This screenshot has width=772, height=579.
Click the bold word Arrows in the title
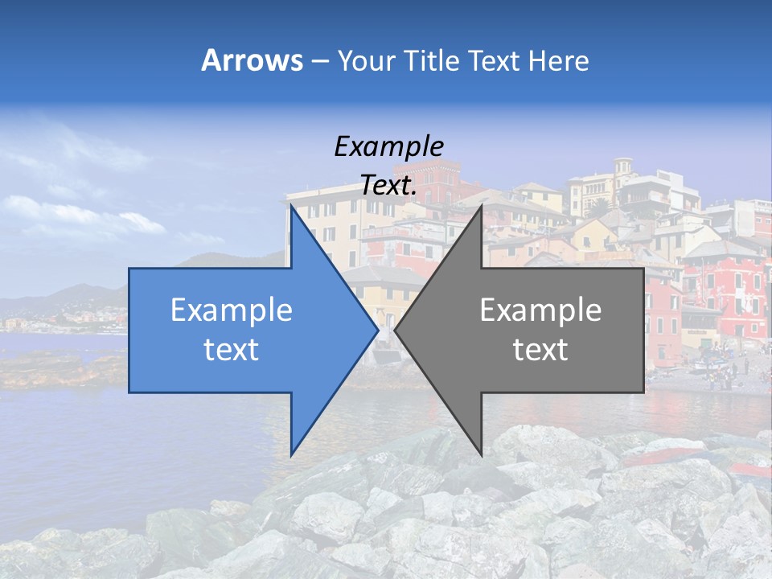(253, 60)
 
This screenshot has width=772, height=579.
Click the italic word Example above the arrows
(388, 146)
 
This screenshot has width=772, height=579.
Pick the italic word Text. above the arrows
(388, 186)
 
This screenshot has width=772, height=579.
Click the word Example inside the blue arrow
(232, 310)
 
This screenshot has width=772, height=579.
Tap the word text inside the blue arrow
(232, 350)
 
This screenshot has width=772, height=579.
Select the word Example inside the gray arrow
(540, 310)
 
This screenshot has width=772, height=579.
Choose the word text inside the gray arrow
(540, 350)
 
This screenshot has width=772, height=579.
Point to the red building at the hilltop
(438, 179)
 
